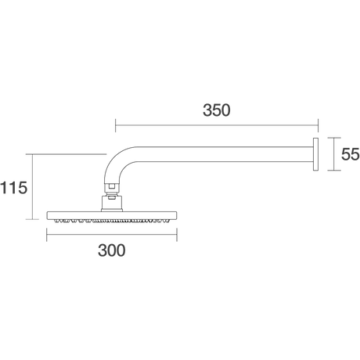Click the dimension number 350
click(x=217, y=110)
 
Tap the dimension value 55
click(x=351, y=154)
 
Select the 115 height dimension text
click(x=13, y=188)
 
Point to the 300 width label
click(x=112, y=250)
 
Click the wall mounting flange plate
click(x=315, y=154)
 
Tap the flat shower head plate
click(x=112, y=215)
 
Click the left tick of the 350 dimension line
click(x=116, y=125)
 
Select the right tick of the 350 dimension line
click(x=318, y=125)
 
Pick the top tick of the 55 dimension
click(x=334, y=138)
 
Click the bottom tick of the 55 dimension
click(x=334, y=171)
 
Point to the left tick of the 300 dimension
click(x=47, y=235)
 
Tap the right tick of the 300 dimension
click(x=177, y=235)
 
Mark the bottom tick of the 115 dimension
click(x=32, y=219)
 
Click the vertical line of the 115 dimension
click(x=32, y=187)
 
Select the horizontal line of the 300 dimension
click(x=112, y=235)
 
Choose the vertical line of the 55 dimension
click(x=334, y=154)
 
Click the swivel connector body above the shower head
click(x=112, y=203)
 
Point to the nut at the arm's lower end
click(x=112, y=186)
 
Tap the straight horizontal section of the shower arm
click(x=225, y=154)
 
